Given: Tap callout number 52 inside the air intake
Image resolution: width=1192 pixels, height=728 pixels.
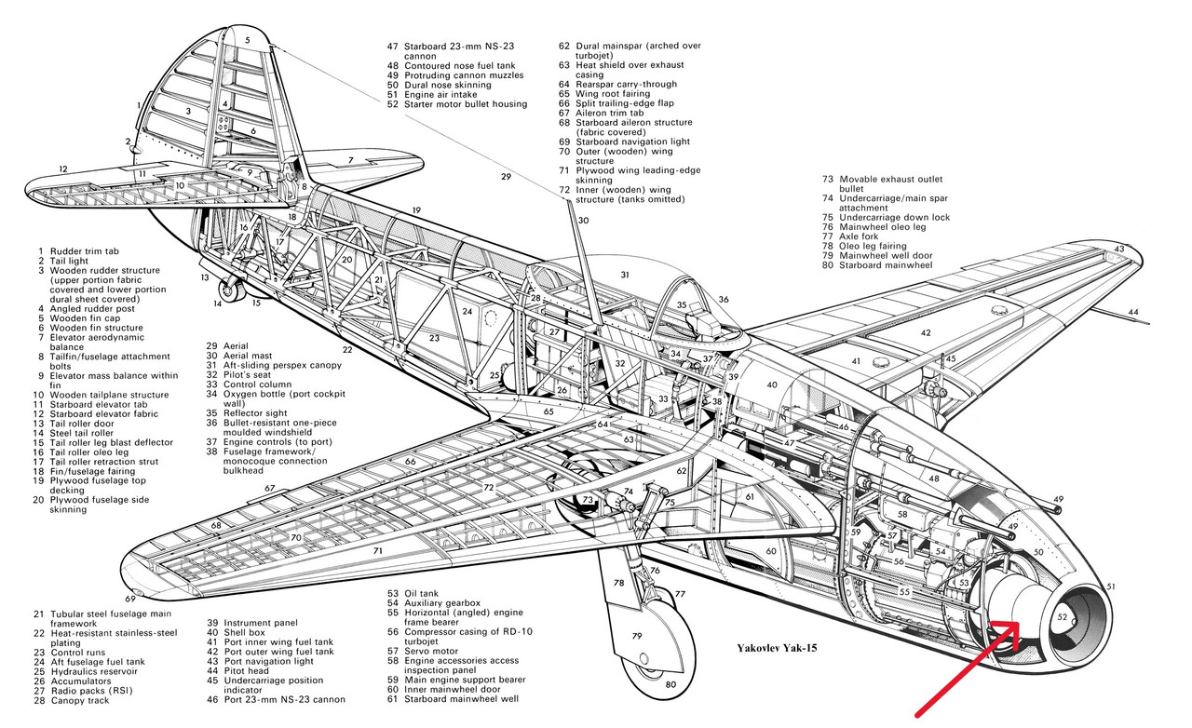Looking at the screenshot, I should (1063, 617).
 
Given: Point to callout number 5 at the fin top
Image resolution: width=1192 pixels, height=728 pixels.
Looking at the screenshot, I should (248, 41).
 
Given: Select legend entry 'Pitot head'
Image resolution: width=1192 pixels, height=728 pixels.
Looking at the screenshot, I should (246, 670).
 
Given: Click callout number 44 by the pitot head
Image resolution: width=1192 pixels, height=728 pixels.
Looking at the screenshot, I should (1132, 311).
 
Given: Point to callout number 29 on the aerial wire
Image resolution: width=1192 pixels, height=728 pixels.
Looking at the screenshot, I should (506, 176).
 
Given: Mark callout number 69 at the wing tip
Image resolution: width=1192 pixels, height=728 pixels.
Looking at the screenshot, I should (129, 599).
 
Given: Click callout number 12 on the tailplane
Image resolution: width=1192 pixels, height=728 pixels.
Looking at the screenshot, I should (62, 169).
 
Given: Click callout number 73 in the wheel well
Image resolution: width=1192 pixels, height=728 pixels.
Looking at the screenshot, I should (588, 500).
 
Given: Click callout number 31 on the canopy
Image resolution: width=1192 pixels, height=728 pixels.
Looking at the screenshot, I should (625, 275).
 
